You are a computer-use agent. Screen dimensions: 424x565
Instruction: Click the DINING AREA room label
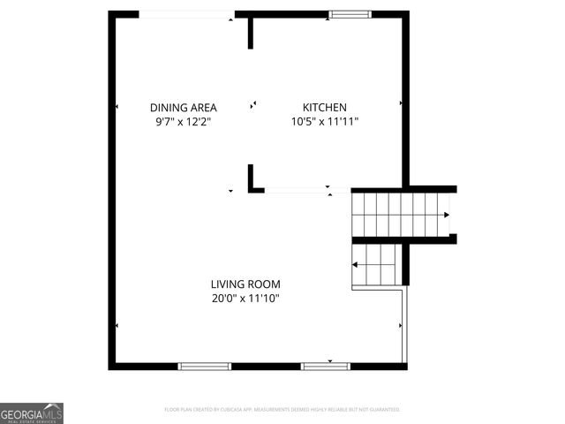pos(183,108)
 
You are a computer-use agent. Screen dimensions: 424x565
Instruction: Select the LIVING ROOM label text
pos(245,284)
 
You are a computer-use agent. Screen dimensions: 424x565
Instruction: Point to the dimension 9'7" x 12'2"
pos(183,122)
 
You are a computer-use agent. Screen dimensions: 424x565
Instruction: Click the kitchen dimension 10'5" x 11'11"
pos(325,122)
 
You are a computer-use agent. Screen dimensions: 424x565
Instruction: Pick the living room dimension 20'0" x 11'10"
pos(245,299)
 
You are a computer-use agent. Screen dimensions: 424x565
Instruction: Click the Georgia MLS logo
pos(32,413)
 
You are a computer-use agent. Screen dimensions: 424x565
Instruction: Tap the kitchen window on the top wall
pos(350,14)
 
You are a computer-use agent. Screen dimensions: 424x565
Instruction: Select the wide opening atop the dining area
pos(187,14)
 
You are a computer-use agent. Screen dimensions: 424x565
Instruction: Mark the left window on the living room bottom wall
pos(205,366)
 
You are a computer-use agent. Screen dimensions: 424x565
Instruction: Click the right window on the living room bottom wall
pos(326,366)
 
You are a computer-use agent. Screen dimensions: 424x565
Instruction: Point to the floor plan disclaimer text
pos(282,410)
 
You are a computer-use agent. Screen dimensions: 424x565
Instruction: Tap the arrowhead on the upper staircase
pos(447,215)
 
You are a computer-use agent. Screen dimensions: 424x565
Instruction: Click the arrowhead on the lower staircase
pos(355,264)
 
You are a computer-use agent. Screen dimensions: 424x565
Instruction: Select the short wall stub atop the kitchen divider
pos(251,33)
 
